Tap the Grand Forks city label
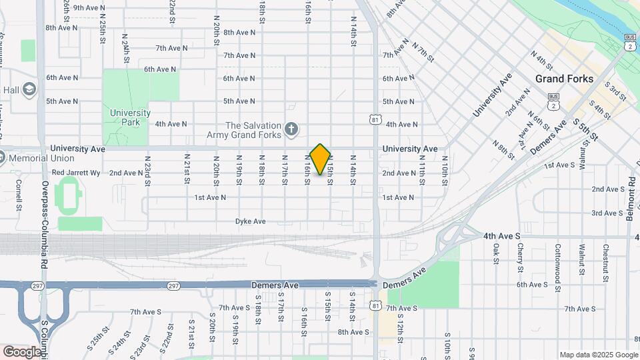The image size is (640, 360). [564, 79]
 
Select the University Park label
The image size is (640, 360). [131, 117]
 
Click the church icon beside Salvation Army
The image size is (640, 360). [291, 128]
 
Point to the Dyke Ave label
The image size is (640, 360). [251, 221]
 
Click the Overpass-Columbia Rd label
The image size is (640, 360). [45, 207]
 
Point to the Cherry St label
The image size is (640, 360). [520, 257]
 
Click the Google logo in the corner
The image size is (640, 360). [22, 351]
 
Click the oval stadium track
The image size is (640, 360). [67, 195]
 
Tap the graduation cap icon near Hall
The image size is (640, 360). [29, 89]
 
